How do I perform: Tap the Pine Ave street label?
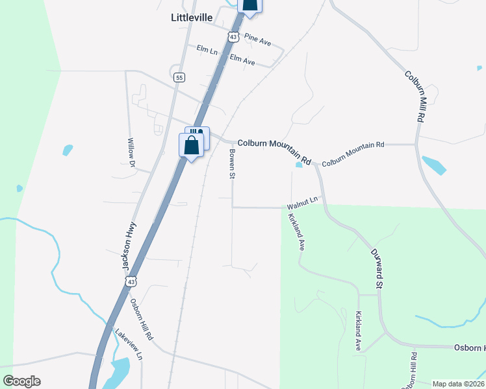click(x=258, y=40)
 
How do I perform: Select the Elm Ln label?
click(x=207, y=49)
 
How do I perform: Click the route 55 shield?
click(x=179, y=77)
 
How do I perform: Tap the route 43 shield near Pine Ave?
click(x=233, y=37)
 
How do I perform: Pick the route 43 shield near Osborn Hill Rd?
click(x=131, y=282)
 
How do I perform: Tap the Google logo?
click(x=21, y=381)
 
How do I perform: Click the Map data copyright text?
click(x=458, y=384)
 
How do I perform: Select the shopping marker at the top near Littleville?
click(x=250, y=5)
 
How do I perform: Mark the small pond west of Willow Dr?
click(x=67, y=150)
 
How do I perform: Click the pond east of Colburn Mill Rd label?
click(x=433, y=165)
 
